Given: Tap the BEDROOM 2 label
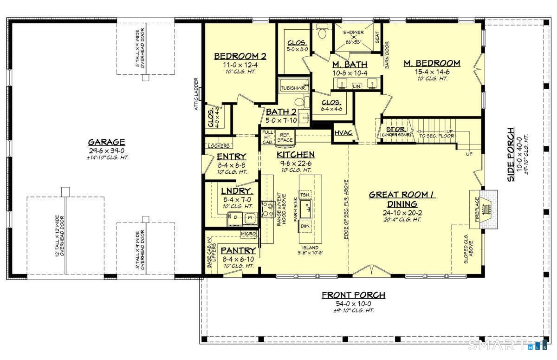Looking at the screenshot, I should coord(240,57).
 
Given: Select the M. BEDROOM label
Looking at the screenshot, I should coord(431,63).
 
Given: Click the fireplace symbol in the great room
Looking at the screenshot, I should coord(485,209).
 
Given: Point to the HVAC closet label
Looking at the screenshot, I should coord(343,133).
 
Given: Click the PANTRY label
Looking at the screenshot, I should coord(238,250).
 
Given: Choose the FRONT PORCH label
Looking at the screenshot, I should coord(353,295).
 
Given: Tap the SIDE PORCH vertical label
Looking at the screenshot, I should coord(511,154).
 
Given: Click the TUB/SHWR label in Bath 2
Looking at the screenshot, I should coord(293,88).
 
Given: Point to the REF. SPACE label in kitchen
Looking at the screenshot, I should coord(285,137).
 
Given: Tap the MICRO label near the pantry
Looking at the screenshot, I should coord(248,234).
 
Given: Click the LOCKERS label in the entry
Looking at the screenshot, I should coord(218,146).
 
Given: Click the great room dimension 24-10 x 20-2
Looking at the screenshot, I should coord(402,212).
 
